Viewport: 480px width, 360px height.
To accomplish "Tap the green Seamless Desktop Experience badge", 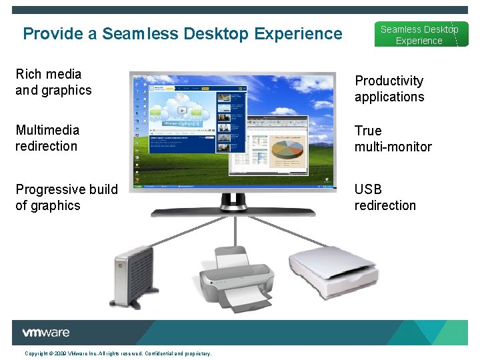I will [x=419, y=35].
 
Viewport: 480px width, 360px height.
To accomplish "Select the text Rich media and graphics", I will [x=53, y=82].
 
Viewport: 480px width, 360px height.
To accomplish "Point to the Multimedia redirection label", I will [x=47, y=138].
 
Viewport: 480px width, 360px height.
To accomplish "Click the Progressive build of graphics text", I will [x=66, y=197].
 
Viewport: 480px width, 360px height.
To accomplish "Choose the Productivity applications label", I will [x=389, y=89].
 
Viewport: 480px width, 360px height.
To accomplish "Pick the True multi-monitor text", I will [x=393, y=139].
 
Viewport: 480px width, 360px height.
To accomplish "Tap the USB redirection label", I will [x=385, y=197].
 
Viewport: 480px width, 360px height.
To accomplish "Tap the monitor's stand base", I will [x=233, y=212].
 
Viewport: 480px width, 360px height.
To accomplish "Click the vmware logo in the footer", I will [x=46, y=333].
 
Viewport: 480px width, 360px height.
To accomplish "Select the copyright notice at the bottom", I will [x=118, y=353].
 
